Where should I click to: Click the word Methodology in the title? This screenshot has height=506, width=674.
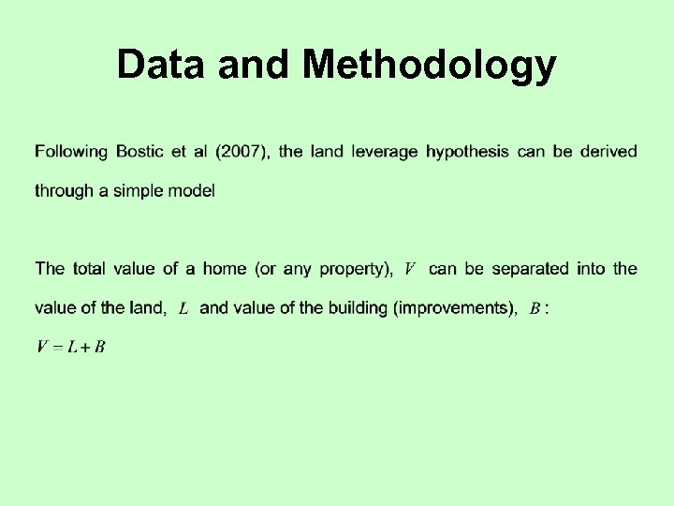pos(430,66)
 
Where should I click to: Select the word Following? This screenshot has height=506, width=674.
pos(72,151)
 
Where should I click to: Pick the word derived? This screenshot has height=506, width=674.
pos(608,151)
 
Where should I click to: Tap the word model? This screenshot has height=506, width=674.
pos(193,190)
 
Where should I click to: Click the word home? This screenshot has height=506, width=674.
pos(225,269)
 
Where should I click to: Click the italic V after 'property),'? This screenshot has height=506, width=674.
pos(409,270)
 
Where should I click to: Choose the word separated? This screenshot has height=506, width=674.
pos(530,269)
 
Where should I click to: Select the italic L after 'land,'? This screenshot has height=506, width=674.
pos(183,308)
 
